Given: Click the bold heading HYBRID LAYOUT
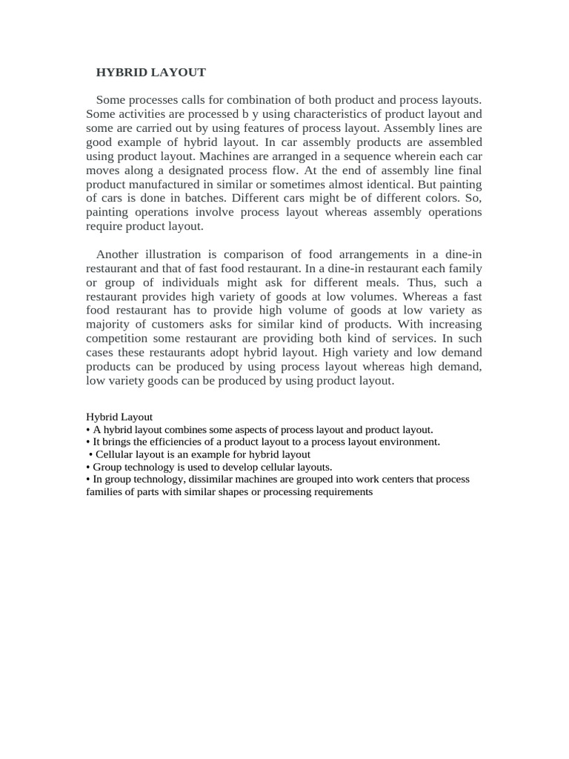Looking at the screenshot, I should pos(151,72).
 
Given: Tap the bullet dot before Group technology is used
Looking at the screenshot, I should pos(88,467).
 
